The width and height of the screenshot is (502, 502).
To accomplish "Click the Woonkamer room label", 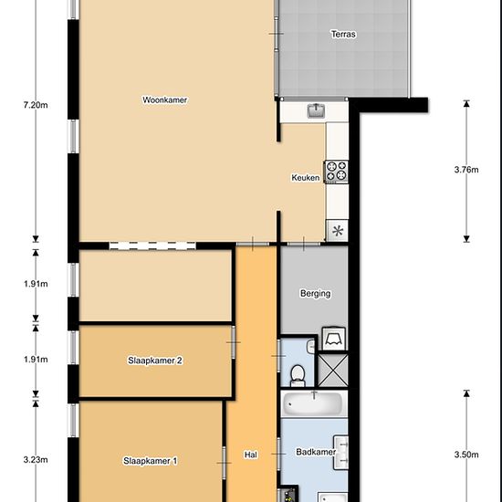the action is (164, 99).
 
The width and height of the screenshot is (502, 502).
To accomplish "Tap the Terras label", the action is (343, 34).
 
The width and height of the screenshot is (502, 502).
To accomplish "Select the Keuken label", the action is (306, 177).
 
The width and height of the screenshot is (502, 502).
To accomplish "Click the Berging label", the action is (315, 293).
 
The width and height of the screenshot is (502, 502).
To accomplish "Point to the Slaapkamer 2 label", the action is (155, 361).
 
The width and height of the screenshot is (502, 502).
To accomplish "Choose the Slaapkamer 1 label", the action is (151, 461).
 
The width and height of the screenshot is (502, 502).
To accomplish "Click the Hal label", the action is (250, 455).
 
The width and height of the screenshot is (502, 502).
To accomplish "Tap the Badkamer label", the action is (316, 452).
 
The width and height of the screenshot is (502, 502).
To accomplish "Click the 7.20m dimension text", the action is (36, 105).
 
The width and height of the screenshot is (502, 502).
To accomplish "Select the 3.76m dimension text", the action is (466, 170).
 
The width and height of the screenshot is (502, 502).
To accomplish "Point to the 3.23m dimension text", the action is (36, 460).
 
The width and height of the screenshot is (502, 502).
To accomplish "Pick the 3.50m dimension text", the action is (466, 455).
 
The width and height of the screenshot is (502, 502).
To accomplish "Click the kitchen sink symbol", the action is (316, 110).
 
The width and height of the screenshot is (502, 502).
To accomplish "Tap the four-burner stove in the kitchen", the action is (337, 172).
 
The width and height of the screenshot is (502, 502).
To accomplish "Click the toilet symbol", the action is (298, 376).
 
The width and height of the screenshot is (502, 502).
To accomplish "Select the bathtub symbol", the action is (314, 403).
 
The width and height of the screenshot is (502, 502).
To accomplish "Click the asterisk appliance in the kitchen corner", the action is (338, 230).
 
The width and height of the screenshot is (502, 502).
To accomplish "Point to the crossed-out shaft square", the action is (333, 370).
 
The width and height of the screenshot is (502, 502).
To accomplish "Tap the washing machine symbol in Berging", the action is (333, 339).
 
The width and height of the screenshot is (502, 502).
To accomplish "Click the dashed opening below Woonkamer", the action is (152, 246).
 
